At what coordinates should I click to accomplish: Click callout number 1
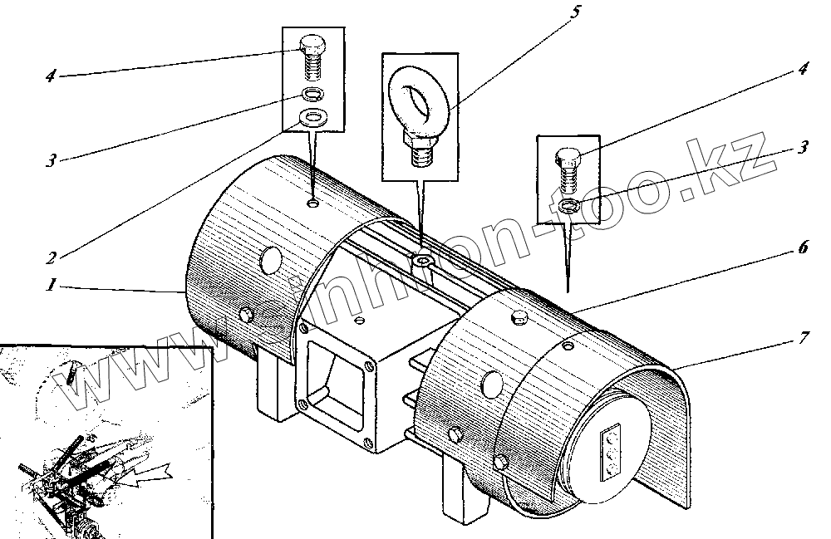coord(51,285)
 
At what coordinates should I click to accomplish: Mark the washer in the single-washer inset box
coord(568,206)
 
